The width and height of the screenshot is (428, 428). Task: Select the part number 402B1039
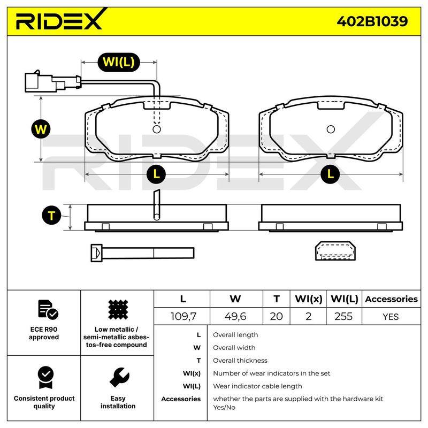[x=372, y=21]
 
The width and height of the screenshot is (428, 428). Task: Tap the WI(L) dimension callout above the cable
[x=119, y=62]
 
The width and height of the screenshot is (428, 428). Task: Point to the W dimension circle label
[x=41, y=129]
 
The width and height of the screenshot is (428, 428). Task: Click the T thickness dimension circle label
[x=51, y=216]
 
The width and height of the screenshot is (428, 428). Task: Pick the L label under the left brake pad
[x=156, y=174]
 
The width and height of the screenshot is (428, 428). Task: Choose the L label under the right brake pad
[x=330, y=174]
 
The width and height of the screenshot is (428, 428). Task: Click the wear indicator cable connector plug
[x=52, y=82]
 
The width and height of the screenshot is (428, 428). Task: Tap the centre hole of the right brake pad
[x=331, y=129]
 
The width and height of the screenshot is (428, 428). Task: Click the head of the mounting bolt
[x=96, y=253]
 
